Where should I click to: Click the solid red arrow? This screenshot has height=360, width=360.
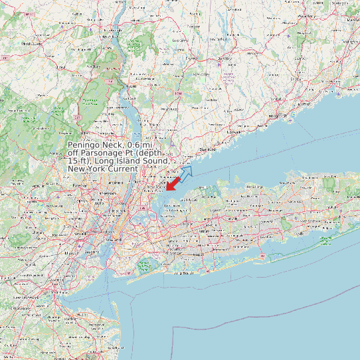pyautogui.click(x=173, y=183)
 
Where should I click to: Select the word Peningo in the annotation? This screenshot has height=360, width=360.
pyautogui.click(x=85, y=145)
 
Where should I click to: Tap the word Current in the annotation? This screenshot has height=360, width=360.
pyautogui.click(x=120, y=169)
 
